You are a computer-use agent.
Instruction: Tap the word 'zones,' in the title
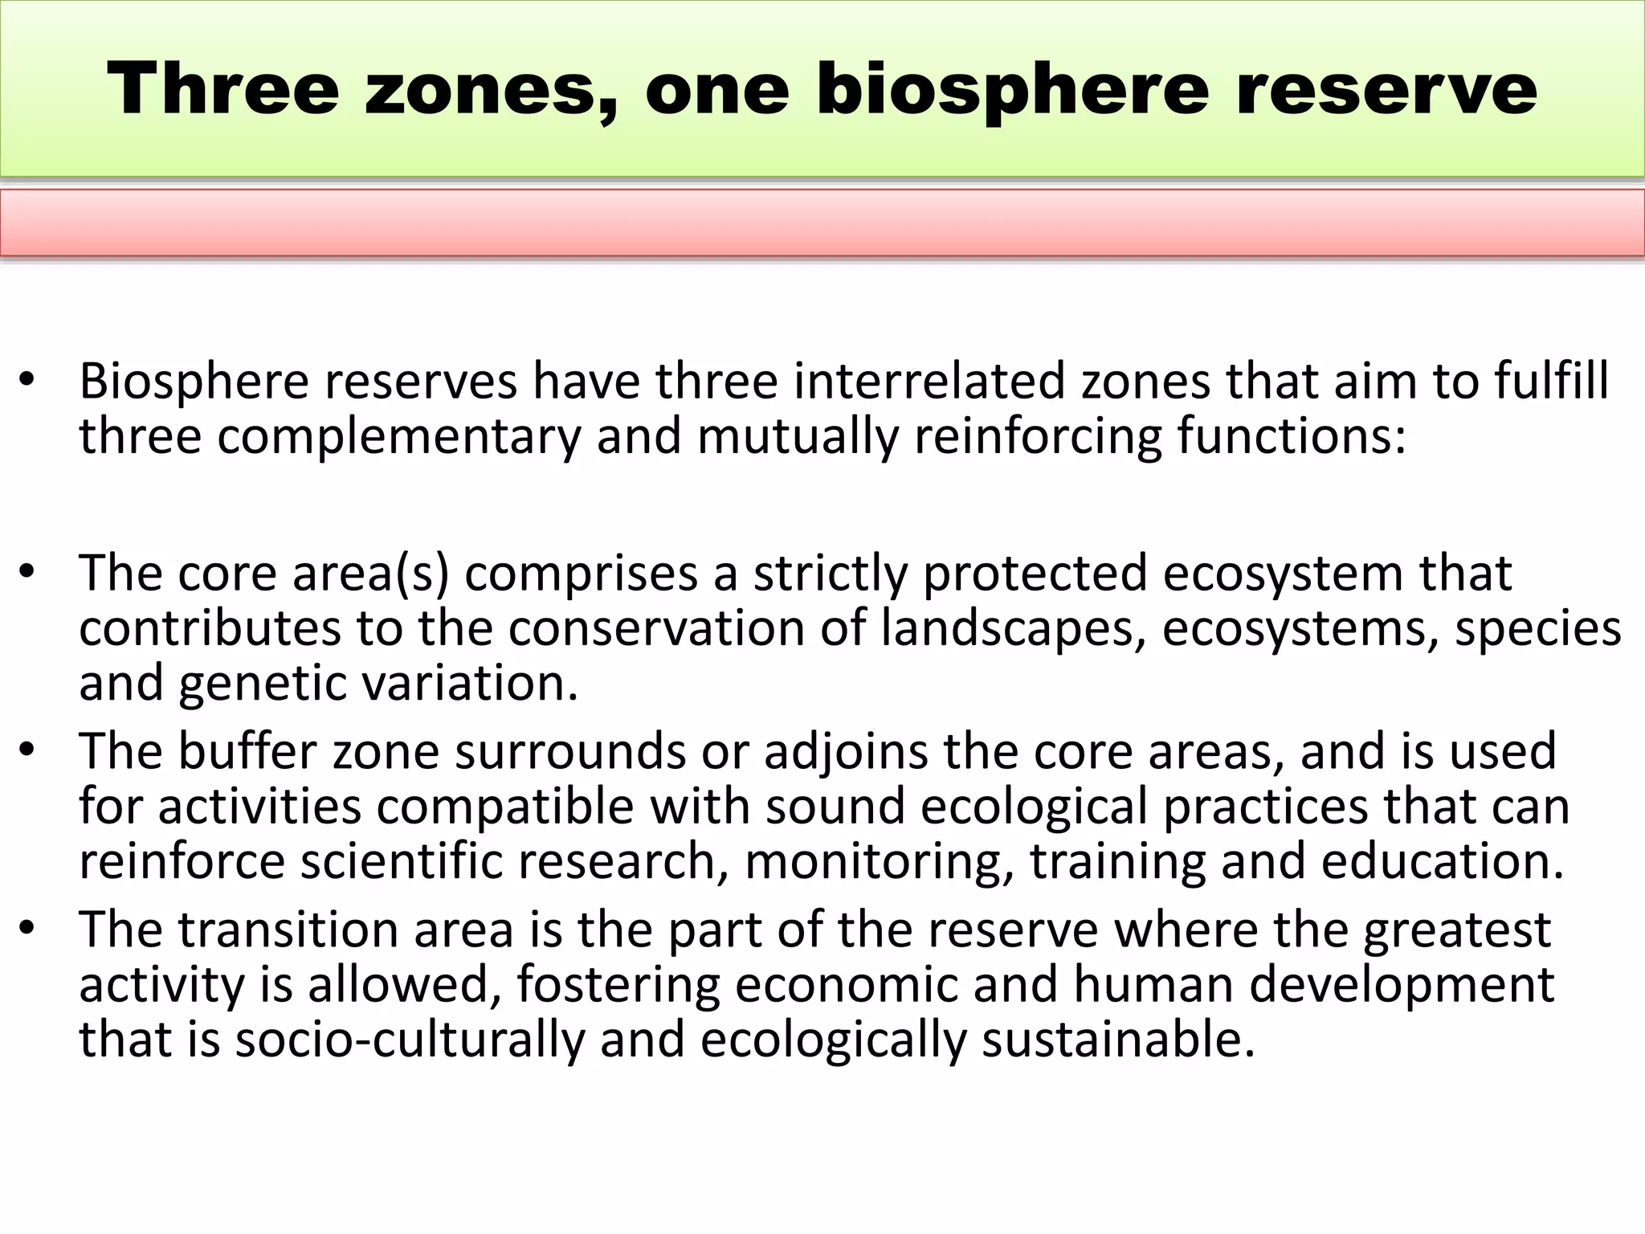point(490,89)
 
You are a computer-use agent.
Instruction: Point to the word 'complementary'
point(398,437)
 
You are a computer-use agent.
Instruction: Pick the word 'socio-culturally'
point(410,1040)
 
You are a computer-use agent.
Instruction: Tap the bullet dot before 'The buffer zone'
point(27,750)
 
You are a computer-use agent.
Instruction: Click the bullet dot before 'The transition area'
point(27,929)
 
